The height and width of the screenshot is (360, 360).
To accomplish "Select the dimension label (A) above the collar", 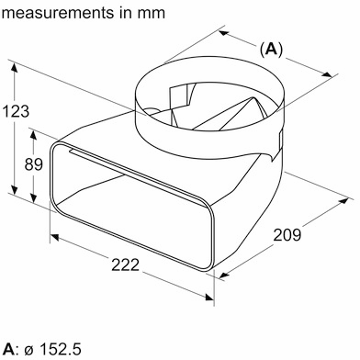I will (269, 49).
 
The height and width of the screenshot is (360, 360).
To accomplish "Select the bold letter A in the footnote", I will (9, 349).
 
